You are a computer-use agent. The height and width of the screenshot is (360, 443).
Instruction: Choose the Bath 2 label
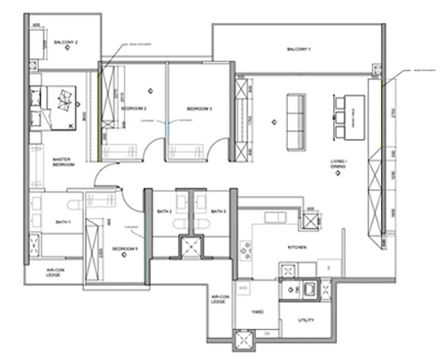164,212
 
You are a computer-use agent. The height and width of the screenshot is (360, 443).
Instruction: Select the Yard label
258,311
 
